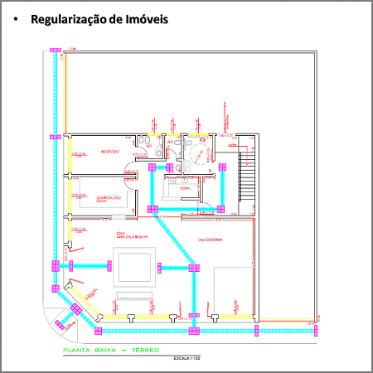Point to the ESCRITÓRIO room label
pos(110,153)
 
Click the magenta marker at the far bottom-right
pos(315,330)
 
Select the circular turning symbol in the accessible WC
pos(197,153)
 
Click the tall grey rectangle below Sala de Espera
pos(231,292)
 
